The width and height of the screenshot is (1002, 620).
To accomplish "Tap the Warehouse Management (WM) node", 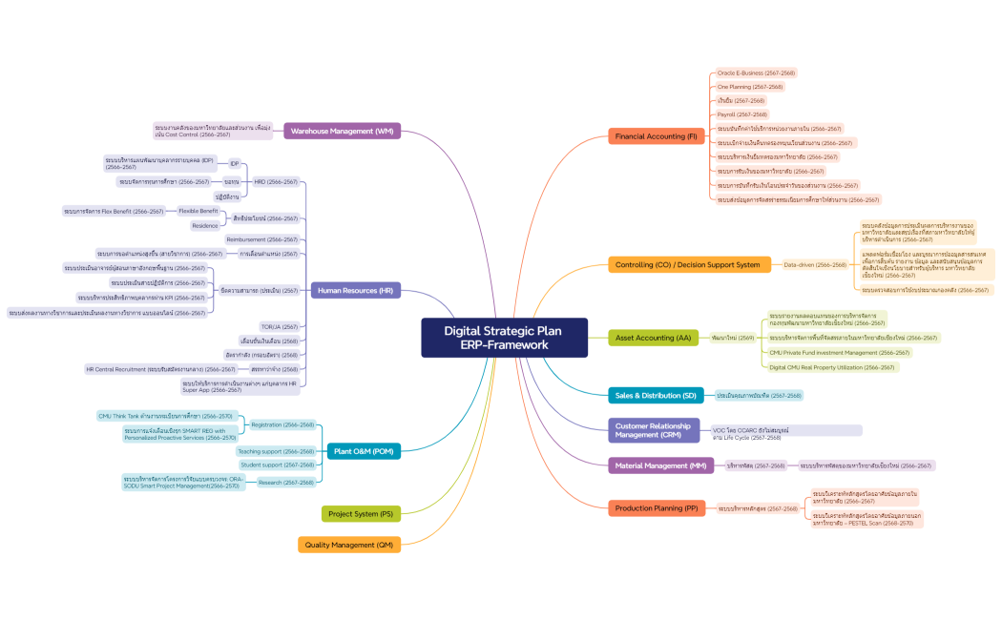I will pyautogui.click(x=342, y=131).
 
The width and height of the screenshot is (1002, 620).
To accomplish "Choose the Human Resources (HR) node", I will pyautogui.click(x=355, y=290).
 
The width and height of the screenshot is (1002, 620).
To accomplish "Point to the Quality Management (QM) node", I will pyautogui.click(x=348, y=545).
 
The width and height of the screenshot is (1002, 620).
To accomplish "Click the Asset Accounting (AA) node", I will pyautogui.click(x=653, y=338).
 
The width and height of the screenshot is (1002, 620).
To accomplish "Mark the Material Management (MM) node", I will pyautogui.click(x=660, y=465).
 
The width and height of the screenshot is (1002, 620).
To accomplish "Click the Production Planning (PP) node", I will pyautogui.click(x=658, y=508).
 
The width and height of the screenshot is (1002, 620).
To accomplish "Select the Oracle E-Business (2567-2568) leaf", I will pyautogui.click(x=756, y=72).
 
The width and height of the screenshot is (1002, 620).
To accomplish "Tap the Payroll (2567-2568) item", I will pyautogui.click(x=741, y=114).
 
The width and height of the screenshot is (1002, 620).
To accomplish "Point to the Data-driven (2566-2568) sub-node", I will pyautogui.click(x=815, y=264).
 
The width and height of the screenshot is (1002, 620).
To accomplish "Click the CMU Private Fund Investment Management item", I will pyautogui.click(x=839, y=352).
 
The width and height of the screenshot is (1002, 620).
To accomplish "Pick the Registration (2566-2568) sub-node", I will pyautogui.click(x=282, y=424).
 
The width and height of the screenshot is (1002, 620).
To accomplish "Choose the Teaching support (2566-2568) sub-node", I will pyautogui.click(x=276, y=451).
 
